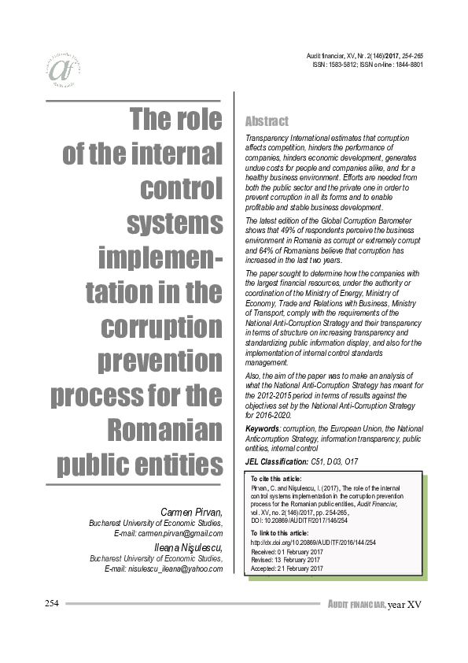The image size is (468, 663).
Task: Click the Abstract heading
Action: (267, 122)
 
